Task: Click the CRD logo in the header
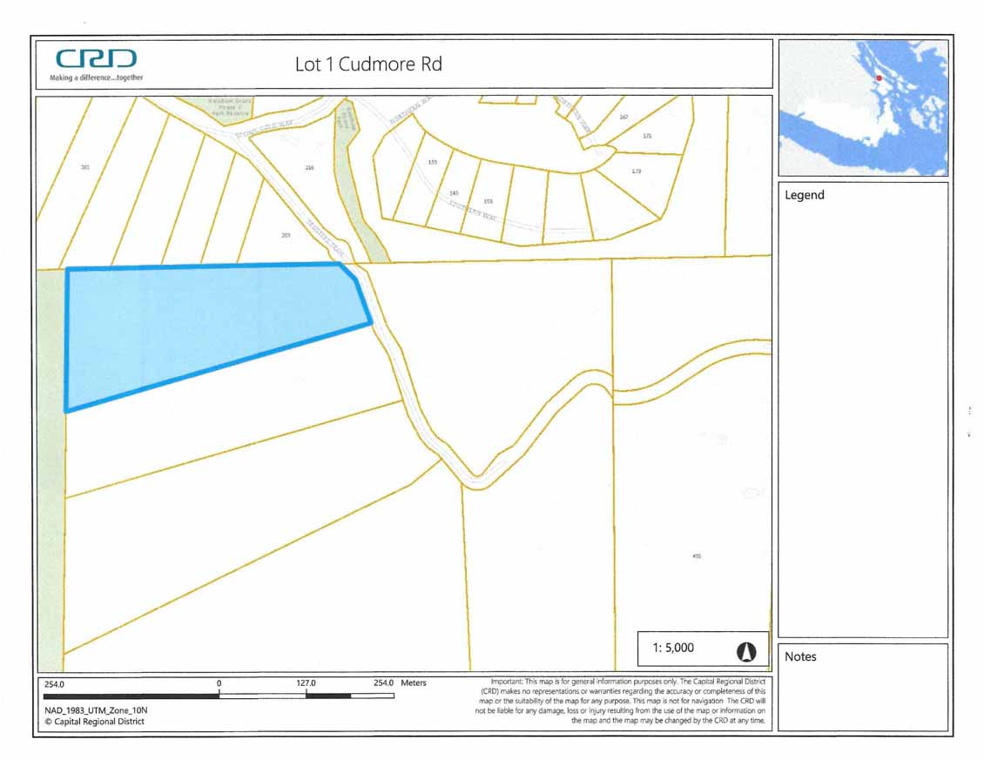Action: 97,59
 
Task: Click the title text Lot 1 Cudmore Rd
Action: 368,64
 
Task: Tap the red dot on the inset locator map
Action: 879,78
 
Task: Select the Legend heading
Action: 804,195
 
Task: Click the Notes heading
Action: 801,656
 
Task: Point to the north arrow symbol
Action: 746,650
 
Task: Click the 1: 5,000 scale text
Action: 673,649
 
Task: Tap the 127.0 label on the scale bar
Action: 306,683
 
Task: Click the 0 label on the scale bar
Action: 219,683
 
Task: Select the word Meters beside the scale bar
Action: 414,683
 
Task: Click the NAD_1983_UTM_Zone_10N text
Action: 90,710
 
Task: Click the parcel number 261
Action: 84,167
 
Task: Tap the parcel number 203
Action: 286,235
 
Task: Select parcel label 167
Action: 623,117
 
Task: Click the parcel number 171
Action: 647,136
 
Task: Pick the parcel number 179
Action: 636,171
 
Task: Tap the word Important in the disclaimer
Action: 509,681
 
